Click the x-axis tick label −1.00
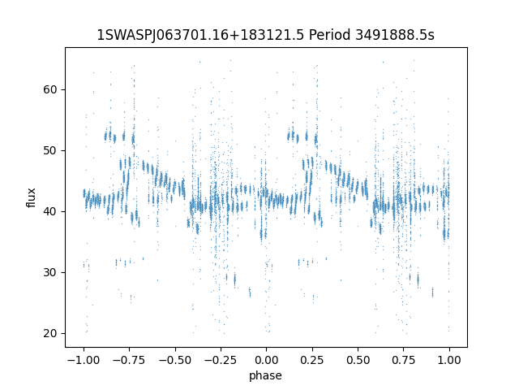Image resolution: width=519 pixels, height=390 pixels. tap(84, 360)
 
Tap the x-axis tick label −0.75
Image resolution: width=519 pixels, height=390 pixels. tap(129, 360)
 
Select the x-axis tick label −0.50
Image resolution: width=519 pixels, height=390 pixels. tap(175, 360)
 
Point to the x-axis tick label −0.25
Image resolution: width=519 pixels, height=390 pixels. tap(221, 360)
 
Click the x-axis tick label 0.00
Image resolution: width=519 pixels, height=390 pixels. tap(267, 360)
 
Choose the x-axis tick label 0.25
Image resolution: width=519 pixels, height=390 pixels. tap(312, 360)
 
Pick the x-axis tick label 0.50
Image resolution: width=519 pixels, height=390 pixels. tap(358, 360)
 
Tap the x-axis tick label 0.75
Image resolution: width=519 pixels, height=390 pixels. tap(404, 360)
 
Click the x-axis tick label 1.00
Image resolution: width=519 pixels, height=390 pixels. tap(449, 360)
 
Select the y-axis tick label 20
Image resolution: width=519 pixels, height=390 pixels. tap(50, 333)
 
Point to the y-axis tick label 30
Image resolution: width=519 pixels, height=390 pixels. tap(50, 273)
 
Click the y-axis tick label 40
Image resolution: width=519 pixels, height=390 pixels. tap(50, 211)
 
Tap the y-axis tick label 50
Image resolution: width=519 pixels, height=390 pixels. tap(50, 150)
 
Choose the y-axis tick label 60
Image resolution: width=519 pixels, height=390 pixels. tap(50, 90)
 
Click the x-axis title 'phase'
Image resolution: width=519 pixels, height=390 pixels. tap(265, 375)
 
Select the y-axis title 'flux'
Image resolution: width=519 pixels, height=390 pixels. tap(31, 197)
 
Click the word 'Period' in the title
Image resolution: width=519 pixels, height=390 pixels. tap(329, 35)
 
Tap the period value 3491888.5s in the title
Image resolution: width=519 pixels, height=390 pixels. tap(395, 35)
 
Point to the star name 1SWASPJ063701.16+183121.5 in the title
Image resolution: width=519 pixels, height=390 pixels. tap(200, 35)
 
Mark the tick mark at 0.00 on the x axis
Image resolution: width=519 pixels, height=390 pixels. tap(267, 349)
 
